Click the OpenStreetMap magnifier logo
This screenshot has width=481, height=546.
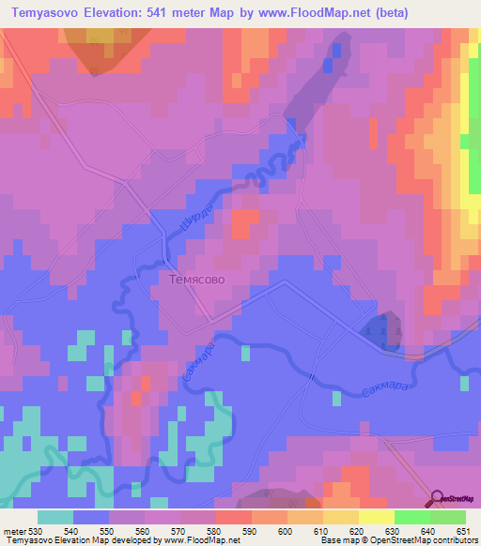pos(437,497)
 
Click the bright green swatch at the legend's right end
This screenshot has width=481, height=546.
pos(448,517)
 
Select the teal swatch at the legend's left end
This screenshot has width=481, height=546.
pos(55,517)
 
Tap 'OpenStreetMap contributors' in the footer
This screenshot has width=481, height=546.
pos(423,540)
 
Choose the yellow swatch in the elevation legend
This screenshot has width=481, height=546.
pos(341,517)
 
